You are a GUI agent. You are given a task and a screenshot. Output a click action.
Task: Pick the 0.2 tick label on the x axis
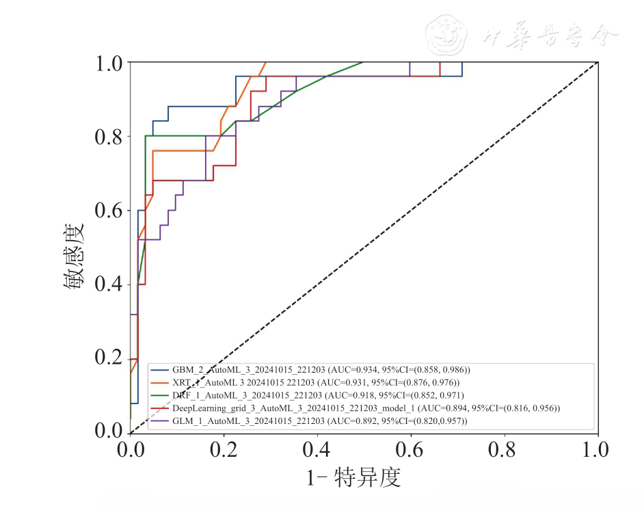click(x=224, y=450)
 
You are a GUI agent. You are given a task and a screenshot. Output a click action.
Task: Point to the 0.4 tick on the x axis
click(x=317, y=450)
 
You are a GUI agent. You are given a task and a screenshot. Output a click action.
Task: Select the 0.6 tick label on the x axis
click(x=411, y=450)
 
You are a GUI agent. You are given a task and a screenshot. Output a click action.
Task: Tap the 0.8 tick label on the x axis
click(x=505, y=450)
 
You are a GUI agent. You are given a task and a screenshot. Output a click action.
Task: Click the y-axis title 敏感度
click(x=75, y=248)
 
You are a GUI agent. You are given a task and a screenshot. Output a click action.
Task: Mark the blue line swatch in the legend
click(x=160, y=370)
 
